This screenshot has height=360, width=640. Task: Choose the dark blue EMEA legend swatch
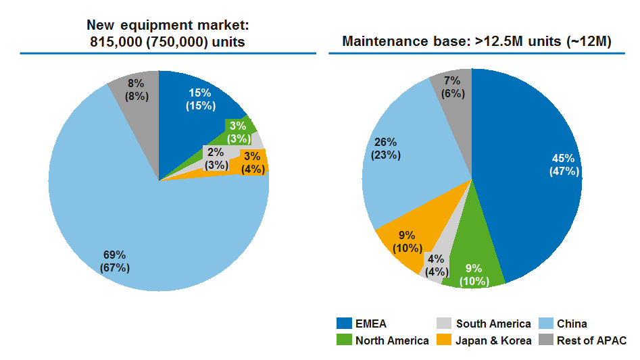click(343, 324)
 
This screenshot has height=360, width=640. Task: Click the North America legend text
click(392, 340)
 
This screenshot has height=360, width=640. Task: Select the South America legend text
click(493, 324)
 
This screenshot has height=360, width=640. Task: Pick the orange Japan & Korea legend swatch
click(444, 340)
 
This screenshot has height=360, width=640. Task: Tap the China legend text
click(572, 324)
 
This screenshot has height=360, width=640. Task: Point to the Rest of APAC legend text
click(592, 340)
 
